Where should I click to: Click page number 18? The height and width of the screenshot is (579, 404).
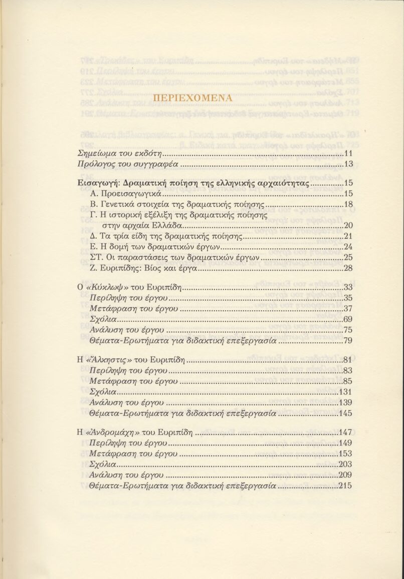pyautogui.click(x=348, y=204)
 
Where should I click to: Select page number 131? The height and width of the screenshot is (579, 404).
pyautogui.click(x=346, y=392)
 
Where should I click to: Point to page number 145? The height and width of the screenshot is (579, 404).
pyautogui.click(x=346, y=413)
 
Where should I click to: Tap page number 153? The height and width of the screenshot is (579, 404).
pyautogui.click(x=346, y=453)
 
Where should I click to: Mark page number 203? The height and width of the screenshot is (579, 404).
pyautogui.click(x=346, y=464)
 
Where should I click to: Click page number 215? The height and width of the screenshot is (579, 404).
pyautogui.click(x=346, y=485)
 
